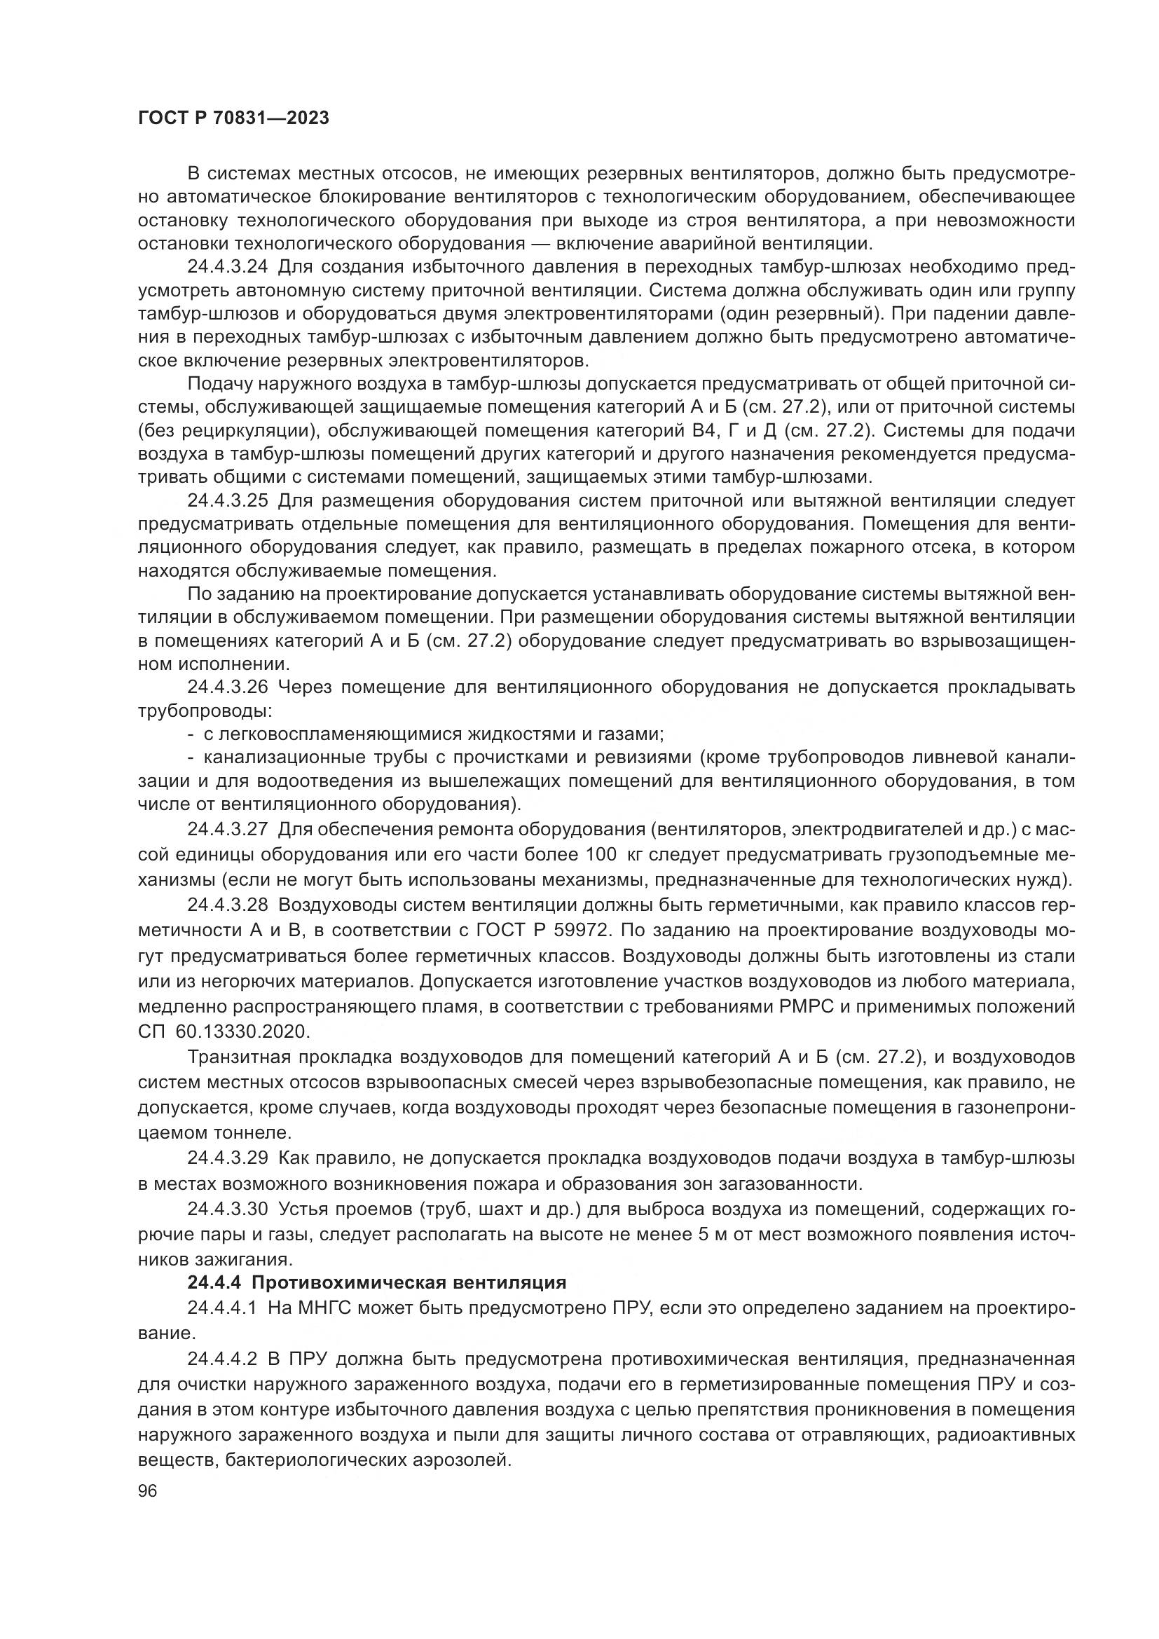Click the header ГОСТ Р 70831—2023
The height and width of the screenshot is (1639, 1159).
pos(233,118)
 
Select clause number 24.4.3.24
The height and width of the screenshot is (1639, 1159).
pos(226,268)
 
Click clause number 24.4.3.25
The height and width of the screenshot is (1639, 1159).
pos(226,501)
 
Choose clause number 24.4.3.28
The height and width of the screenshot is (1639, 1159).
pos(226,905)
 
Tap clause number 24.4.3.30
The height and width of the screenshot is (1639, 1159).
pos(226,1209)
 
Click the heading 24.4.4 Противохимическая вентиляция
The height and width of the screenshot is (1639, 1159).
pos(377,1283)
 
